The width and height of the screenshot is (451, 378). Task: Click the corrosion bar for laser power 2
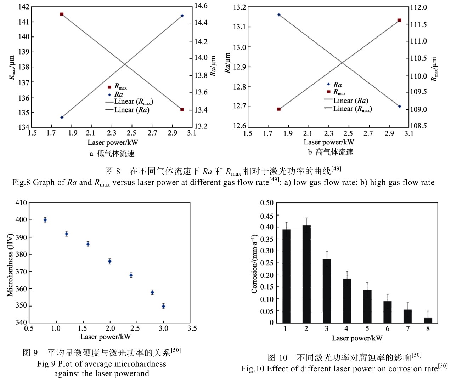[306, 274]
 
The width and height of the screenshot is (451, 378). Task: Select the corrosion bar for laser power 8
[428, 320]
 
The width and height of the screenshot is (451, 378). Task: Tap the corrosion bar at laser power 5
[367, 306]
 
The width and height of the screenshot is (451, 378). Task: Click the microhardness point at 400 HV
[45, 220]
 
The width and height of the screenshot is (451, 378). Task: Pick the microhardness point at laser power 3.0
[163, 306]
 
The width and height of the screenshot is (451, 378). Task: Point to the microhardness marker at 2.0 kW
[109, 262]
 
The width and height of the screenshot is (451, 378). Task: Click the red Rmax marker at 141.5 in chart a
[62, 15]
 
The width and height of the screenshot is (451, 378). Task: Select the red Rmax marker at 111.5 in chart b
[399, 20]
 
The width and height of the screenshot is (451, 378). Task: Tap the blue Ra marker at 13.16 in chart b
[279, 15]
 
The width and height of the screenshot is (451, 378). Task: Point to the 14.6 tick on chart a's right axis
[201, 6]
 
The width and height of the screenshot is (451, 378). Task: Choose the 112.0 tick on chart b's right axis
[418, 7]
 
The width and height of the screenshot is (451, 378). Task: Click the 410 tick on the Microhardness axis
[21, 203]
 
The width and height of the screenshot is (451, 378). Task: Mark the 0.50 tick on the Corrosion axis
[266, 203]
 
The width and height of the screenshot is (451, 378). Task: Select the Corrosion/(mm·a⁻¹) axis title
[254, 264]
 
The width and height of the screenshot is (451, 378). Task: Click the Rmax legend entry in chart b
[339, 92]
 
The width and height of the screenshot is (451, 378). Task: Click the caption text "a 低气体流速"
[112, 154]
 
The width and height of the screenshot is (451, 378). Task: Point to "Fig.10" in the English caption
[253, 369]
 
